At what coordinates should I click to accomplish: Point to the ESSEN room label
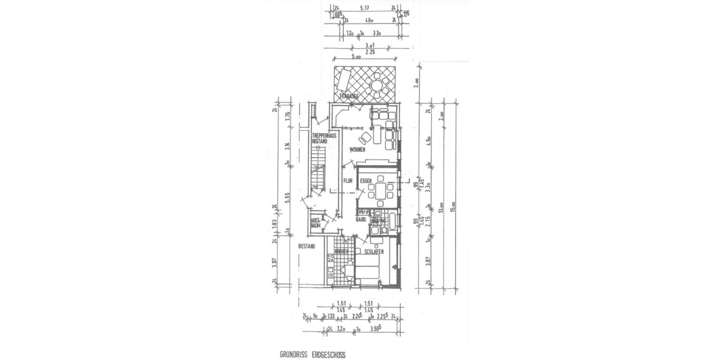pyautogui.click(x=367, y=179)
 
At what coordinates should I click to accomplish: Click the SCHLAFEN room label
pyautogui.click(x=373, y=252)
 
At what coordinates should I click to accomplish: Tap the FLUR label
pyautogui.click(x=347, y=179)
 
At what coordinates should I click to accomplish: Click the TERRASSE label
pyautogui.click(x=349, y=96)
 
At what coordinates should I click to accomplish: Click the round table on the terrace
pyautogui.click(x=377, y=85)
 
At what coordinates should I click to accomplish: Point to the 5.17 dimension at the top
pyautogui.click(x=363, y=8)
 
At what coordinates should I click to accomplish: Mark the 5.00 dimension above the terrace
pyautogui.click(x=356, y=57)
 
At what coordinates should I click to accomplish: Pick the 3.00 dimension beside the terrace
pyautogui.click(x=416, y=82)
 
